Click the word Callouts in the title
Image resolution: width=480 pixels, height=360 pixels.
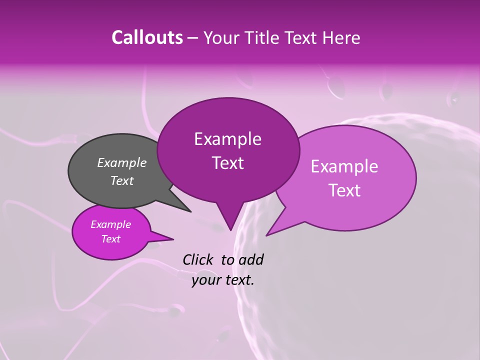(x=147, y=37)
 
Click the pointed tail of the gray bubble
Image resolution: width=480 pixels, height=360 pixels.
(x=190, y=211)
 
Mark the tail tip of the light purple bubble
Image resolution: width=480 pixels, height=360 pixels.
(x=267, y=234)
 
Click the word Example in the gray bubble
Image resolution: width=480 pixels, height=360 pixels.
(x=122, y=162)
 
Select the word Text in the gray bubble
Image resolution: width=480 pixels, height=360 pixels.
(x=122, y=180)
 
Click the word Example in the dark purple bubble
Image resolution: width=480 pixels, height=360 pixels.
(x=228, y=139)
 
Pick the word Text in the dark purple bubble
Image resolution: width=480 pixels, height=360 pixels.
(x=228, y=163)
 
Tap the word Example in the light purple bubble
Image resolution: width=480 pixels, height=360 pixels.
(x=344, y=166)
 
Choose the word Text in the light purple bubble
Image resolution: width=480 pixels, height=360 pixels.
(x=344, y=190)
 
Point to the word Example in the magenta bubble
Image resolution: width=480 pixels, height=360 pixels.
(x=111, y=224)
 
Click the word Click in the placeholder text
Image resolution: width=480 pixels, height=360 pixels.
(x=198, y=259)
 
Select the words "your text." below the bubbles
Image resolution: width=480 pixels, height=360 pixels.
(x=223, y=280)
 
